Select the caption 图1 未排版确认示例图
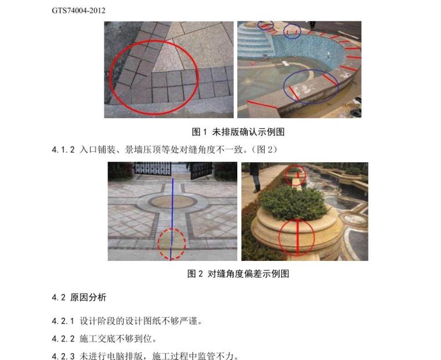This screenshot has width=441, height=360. click(238, 132)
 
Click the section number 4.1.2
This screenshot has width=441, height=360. click(63, 150)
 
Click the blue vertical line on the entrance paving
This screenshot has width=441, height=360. click(172, 209)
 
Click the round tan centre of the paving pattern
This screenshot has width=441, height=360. click(172, 202)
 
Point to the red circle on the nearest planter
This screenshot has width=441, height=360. click(297, 238)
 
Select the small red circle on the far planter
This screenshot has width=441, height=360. click(295, 175)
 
